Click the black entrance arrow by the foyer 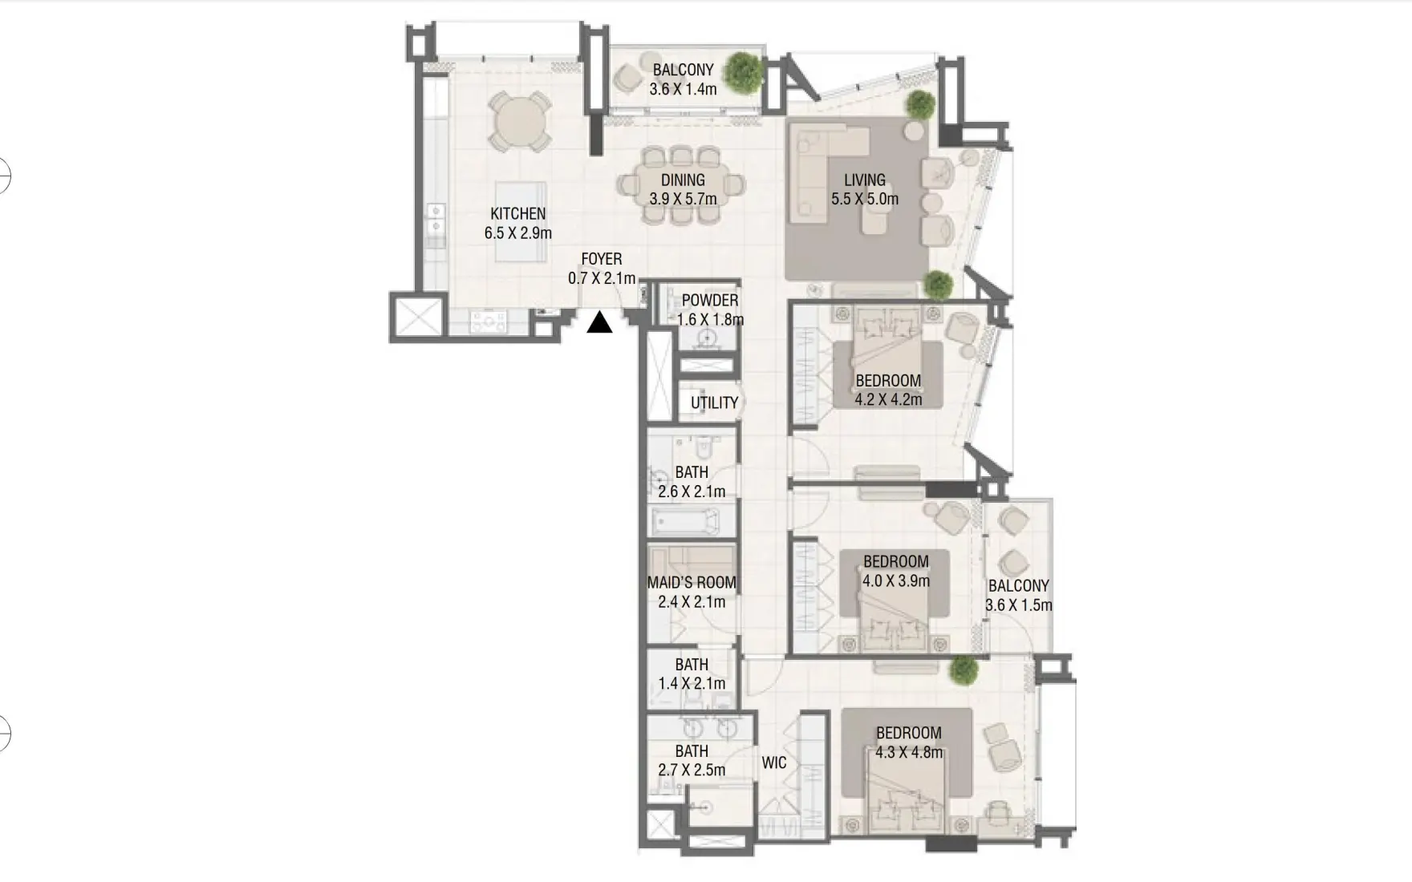pyautogui.click(x=599, y=323)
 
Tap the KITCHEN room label pyautogui.click(x=517, y=213)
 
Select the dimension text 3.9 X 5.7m pyautogui.click(x=683, y=199)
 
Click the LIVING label pyautogui.click(x=864, y=180)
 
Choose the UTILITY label pyautogui.click(x=714, y=403)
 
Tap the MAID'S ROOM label pyautogui.click(x=692, y=582)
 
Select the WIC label pyautogui.click(x=773, y=763)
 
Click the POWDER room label pyautogui.click(x=709, y=300)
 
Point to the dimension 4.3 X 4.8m pyautogui.click(x=909, y=752)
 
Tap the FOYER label pyautogui.click(x=601, y=259)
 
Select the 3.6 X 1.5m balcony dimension pyautogui.click(x=1018, y=605)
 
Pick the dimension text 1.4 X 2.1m pyautogui.click(x=692, y=683)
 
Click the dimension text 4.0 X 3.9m pyautogui.click(x=895, y=581)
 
